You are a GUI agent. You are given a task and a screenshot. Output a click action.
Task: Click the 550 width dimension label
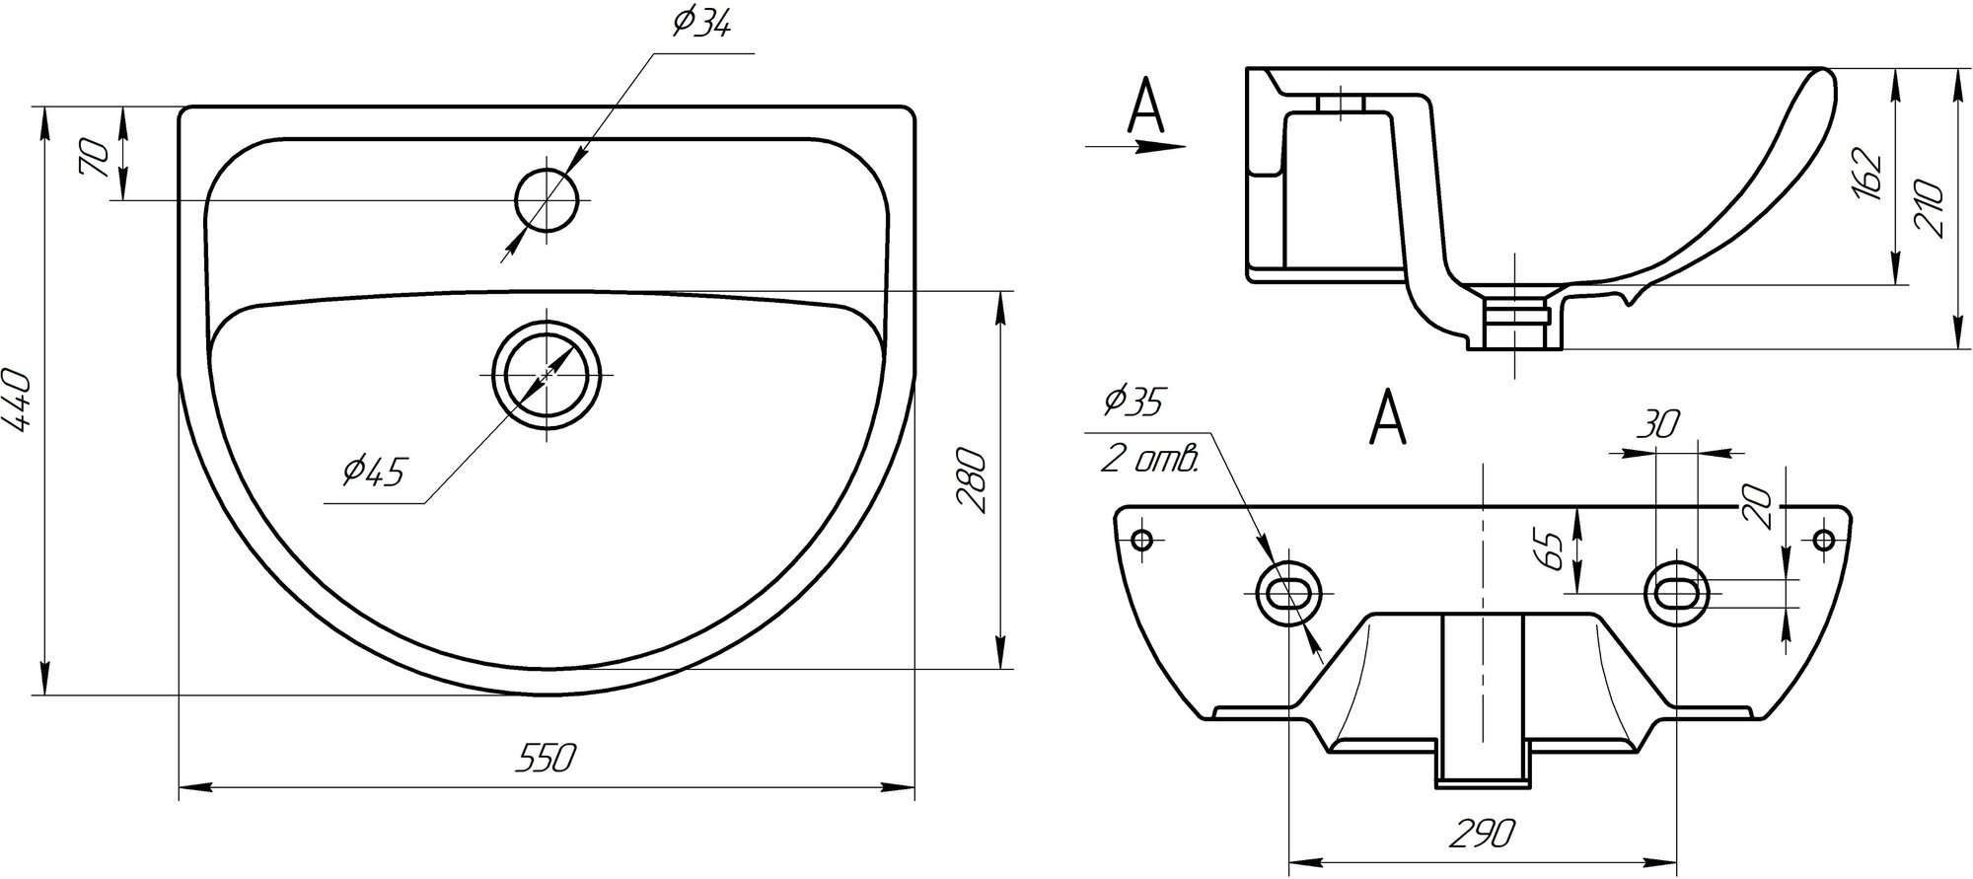coord(546,759)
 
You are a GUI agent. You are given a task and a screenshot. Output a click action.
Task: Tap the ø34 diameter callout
coord(701,24)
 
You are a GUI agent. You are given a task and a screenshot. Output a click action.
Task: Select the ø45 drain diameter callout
coord(374,472)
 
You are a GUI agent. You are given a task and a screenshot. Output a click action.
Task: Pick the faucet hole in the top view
coord(547,200)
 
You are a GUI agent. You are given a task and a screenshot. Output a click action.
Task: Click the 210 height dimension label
coord(1928,209)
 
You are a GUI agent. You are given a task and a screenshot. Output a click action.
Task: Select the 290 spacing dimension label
coord(1483,834)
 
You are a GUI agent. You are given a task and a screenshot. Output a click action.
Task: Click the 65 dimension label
coord(1550,549)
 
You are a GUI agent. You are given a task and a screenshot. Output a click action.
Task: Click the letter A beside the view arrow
coord(1145,108)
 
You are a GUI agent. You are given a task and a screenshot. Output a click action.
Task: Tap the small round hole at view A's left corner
coord(1143,540)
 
